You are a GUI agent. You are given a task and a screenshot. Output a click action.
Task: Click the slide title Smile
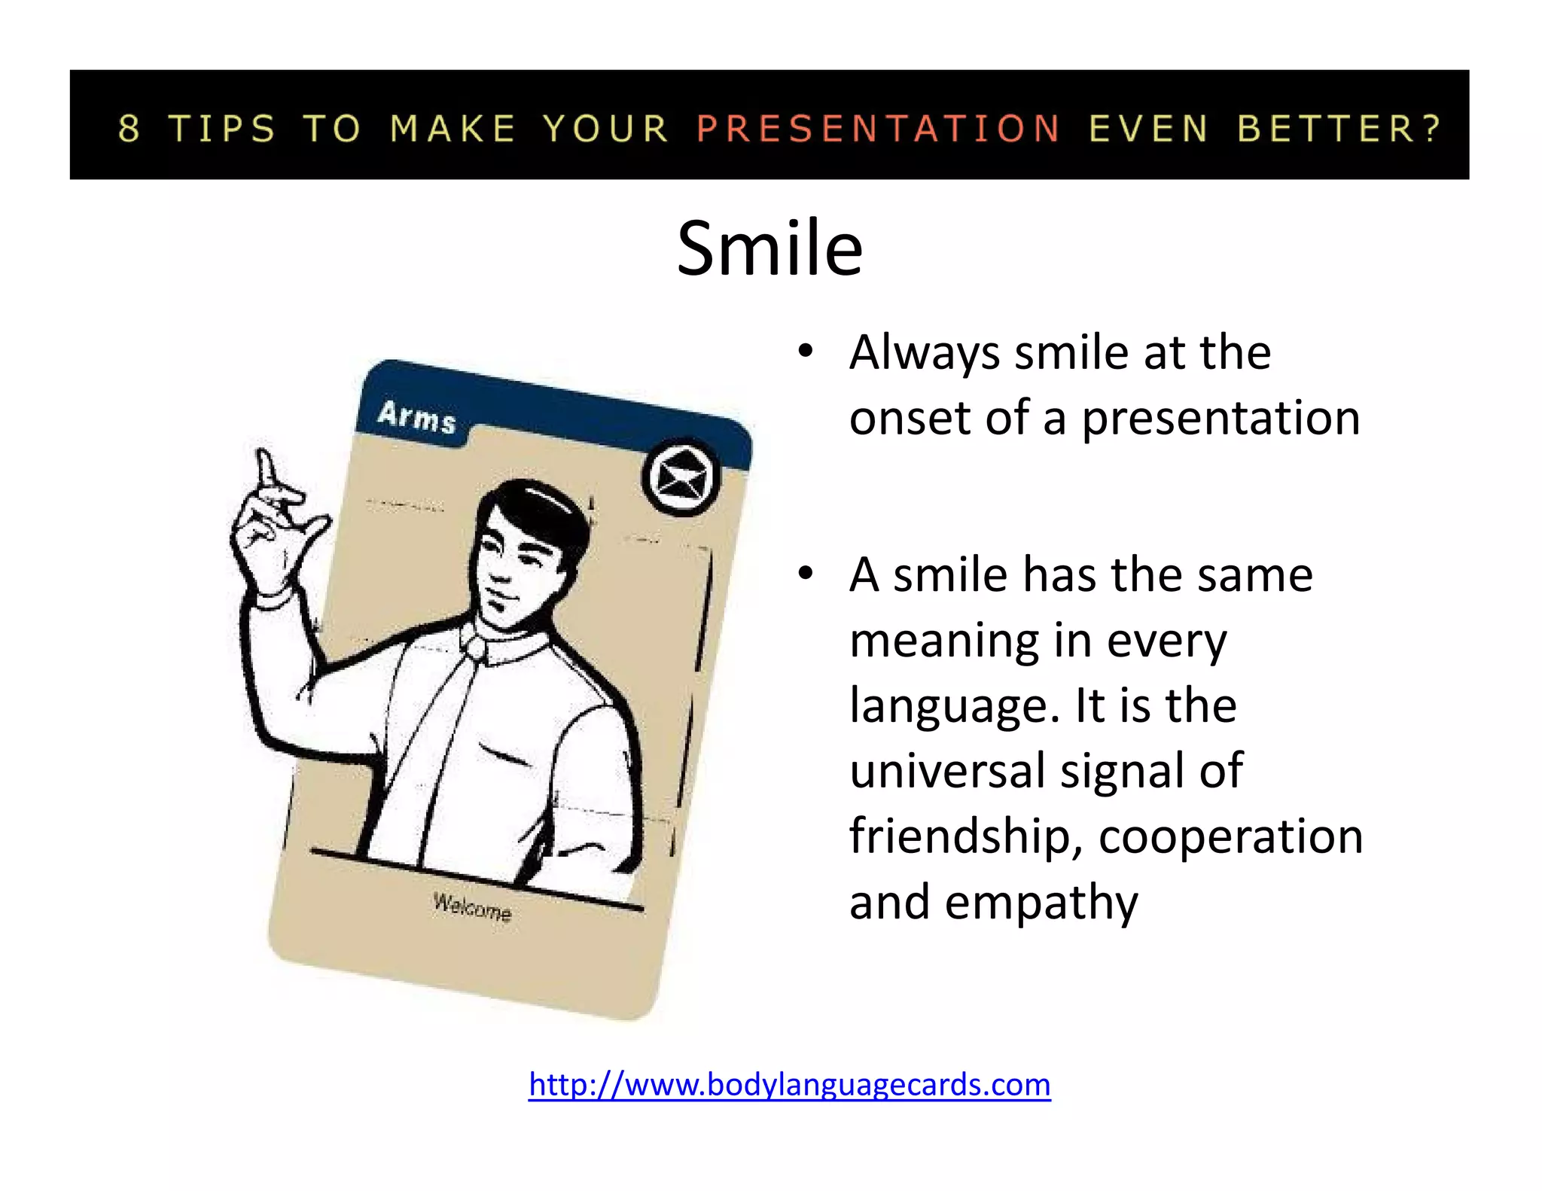[x=769, y=248]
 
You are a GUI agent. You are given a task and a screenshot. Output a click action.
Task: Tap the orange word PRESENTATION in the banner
[x=878, y=128]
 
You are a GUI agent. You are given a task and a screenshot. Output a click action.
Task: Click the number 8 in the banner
[x=129, y=128]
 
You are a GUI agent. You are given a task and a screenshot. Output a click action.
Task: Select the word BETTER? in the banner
[x=1339, y=128]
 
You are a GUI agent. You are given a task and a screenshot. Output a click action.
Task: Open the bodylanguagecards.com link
[x=789, y=1084]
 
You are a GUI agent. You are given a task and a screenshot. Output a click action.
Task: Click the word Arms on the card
[x=416, y=416]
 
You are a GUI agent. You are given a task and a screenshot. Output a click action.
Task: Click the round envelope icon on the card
[x=681, y=477]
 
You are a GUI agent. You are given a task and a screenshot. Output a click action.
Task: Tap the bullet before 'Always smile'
[x=806, y=352]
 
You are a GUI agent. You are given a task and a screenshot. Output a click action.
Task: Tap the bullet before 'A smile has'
[x=806, y=574]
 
